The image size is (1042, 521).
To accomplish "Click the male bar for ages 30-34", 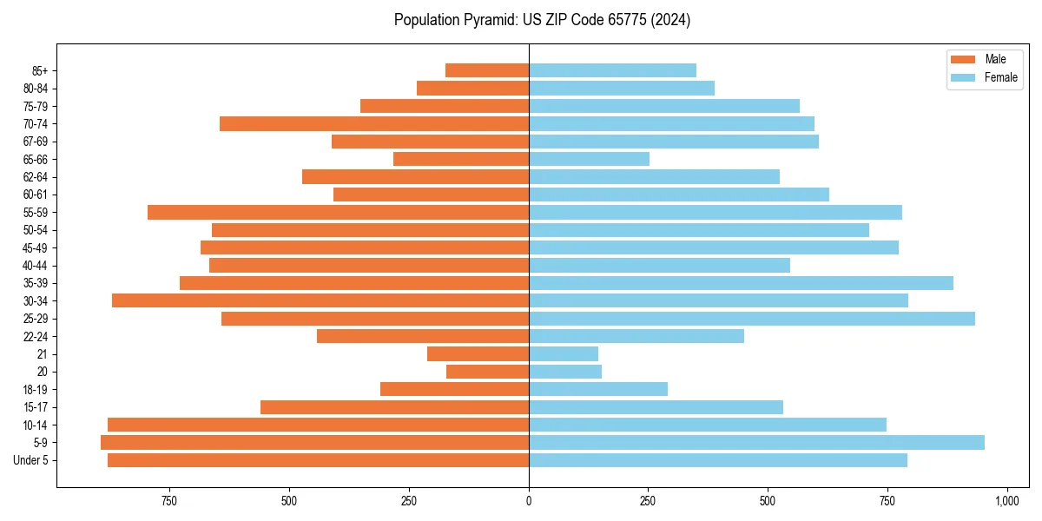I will click(x=320, y=300).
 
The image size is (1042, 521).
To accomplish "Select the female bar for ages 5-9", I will click(x=756, y=442).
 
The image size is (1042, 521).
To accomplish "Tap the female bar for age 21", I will click(x=564, y=353).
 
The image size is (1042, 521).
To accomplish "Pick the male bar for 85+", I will click(x=487, y=70).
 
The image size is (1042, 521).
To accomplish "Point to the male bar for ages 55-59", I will click(x=338, y=212).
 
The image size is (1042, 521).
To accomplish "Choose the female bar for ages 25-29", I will click(x=752, y=319).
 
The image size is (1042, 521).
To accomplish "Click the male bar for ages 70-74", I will click(x=374, y=123).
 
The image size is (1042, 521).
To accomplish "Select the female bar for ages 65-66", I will click(x=589, y=159).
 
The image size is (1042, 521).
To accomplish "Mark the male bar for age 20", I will click(x=487, y=372).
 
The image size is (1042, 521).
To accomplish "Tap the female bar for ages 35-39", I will click(x=741, y=283).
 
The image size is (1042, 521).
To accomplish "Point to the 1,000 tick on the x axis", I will click(x=1006, y=501).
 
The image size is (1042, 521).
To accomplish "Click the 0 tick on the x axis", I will click(x=529, y=501).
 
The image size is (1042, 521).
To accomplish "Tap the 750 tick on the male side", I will click(x=169, y=501).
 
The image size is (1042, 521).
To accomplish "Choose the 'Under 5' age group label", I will click(x=31, y=460).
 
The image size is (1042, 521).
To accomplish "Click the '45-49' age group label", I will click(x=36, y=247).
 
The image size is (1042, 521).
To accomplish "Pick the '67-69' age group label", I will click(x=36, y=142).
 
